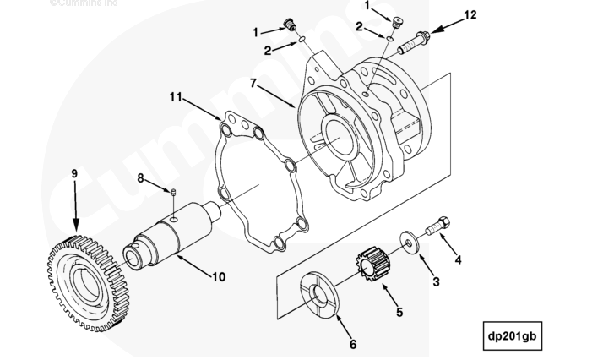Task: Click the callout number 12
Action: [x=470, y=14]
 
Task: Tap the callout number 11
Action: [x=176, y=97]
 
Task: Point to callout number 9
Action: [x=74, y=174]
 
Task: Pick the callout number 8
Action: [x=142, y=177]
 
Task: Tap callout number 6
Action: [x=353, y=344]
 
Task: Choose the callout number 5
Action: [x=399, y=311]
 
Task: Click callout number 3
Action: [x=436, y=281]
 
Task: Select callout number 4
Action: [x=459, y=259]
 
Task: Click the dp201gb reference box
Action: [x=512, y=334]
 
